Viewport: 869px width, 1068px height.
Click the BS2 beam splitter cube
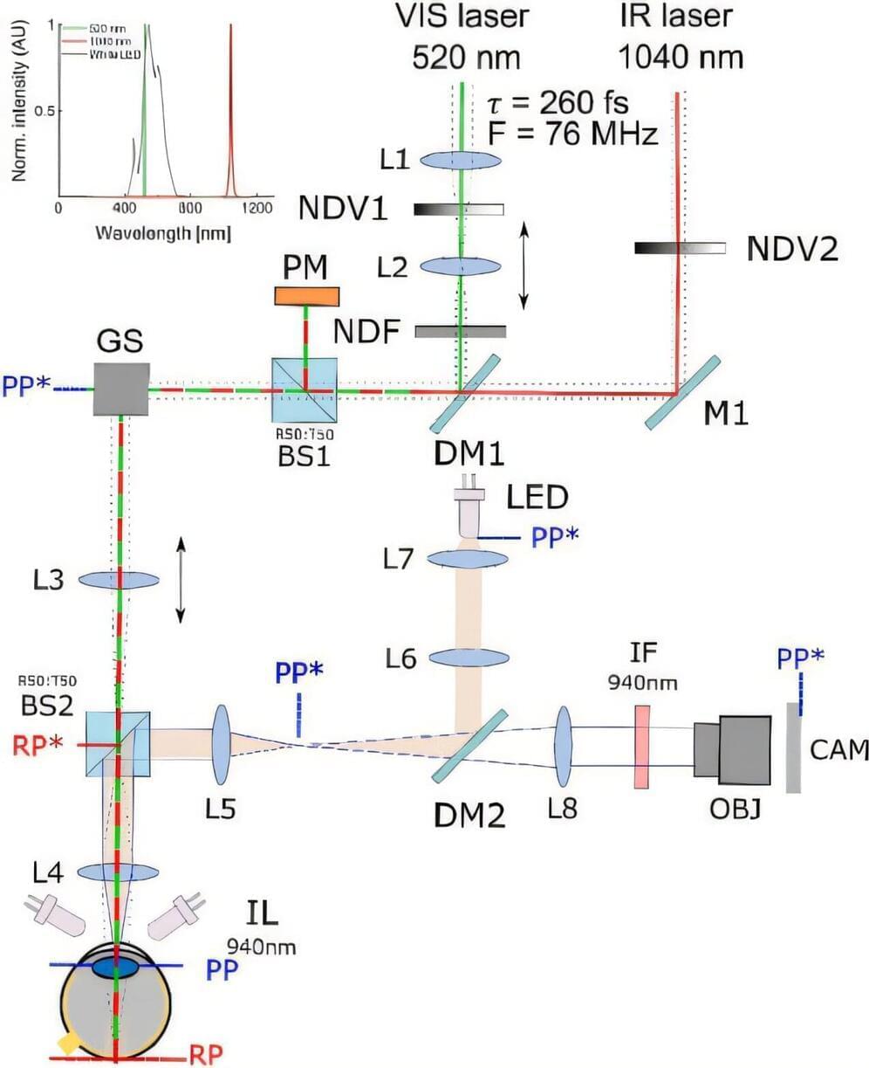118,743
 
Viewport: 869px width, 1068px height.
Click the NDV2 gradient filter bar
680,248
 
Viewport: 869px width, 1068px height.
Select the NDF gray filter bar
460,332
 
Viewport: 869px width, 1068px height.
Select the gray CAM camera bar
793,748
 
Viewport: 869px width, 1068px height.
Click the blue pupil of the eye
116,968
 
